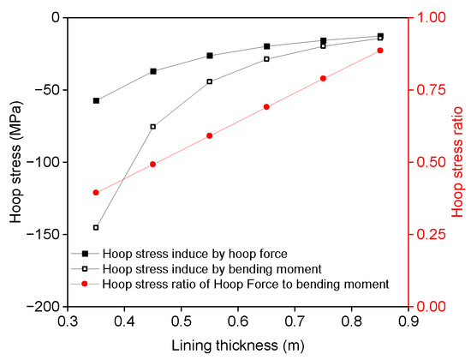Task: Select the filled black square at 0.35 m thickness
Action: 96,100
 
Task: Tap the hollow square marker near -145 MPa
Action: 96,227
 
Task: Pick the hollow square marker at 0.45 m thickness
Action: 153,126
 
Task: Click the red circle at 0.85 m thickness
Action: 380,51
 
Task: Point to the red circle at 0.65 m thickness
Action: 266,107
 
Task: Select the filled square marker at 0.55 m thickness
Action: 210,56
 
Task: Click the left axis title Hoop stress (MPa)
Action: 16,161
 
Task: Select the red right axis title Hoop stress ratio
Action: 457,161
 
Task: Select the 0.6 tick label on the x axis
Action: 238,321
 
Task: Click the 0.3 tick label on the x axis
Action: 68,321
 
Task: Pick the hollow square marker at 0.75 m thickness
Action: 323,45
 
